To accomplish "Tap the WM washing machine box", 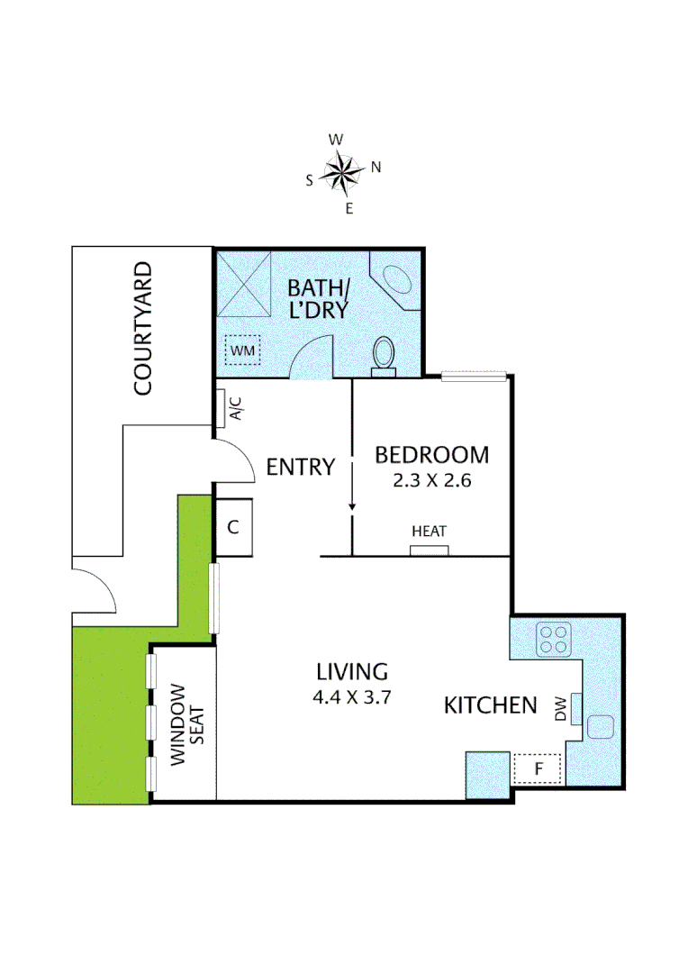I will point(242,349).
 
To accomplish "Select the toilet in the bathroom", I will point(384,353).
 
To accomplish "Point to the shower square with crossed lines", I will point(244,282).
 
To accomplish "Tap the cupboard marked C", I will point(233,527).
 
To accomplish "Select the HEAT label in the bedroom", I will point(429,532).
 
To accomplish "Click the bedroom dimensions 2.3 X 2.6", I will point(432,480).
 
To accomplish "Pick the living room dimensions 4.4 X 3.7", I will point(352,696).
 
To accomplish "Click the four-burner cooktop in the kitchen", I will point(553,638).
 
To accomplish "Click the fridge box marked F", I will point(538,768).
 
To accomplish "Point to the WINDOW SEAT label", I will point(184,724).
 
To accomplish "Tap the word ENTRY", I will point(301,467).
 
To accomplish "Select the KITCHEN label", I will point(490,705).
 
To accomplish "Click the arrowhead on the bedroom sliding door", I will point(352,507).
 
